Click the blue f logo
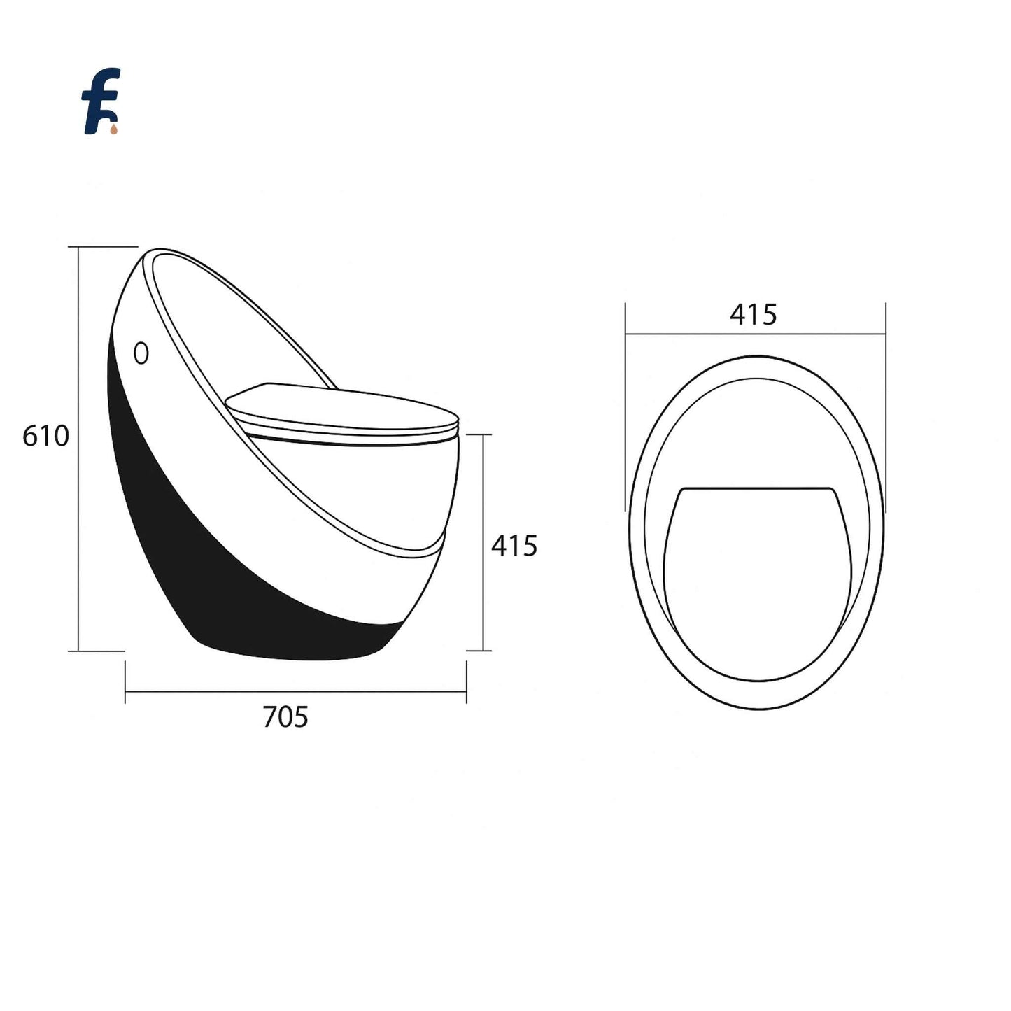[x=100, y=101]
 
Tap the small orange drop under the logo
[x=114, y=129]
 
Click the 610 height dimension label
[x=45, y=436]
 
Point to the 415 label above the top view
[x=753, y=315]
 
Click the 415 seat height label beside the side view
[x=514, y=546]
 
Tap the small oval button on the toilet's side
[x=141, y=353]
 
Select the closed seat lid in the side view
[x=342, y=414]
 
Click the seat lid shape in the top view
[x=756, y=584]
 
